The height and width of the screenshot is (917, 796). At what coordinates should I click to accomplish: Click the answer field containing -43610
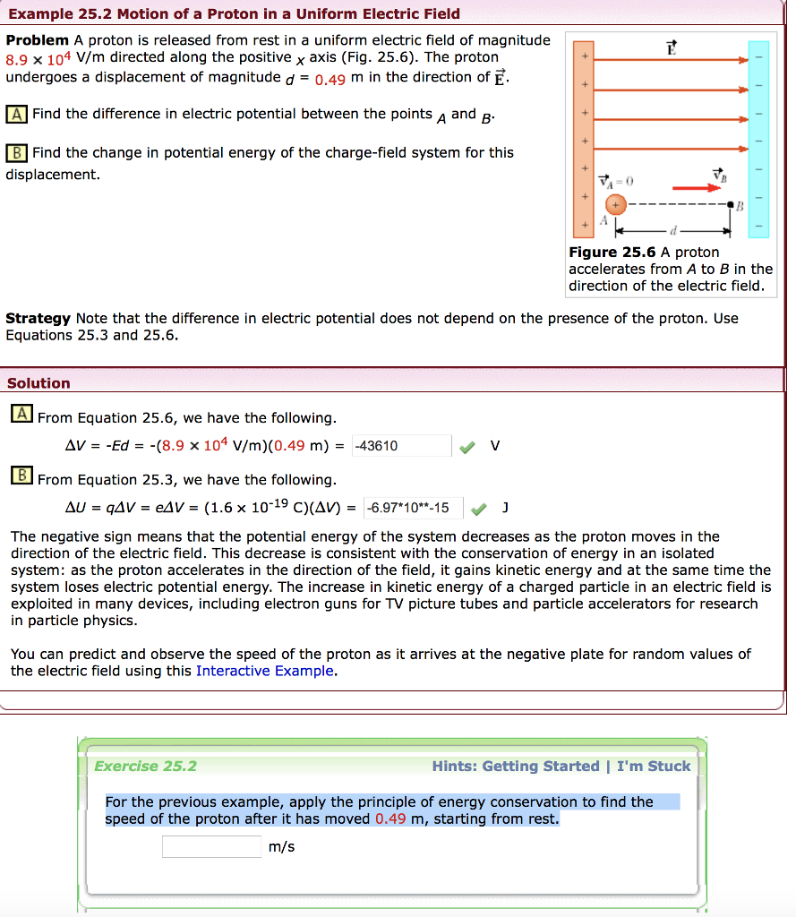tap(401, 446)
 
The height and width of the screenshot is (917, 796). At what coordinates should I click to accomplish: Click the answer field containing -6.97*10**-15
tap(413, 509)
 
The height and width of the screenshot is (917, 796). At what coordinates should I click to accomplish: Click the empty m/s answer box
tap(212, 846)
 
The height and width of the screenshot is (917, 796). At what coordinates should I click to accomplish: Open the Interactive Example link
tap(265, 671)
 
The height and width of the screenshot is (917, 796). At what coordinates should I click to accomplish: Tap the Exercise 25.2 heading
tap(145, 767)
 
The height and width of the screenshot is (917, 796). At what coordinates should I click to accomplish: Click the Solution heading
tap(39, 383)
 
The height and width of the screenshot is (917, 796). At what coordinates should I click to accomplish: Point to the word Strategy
tap(38, 319)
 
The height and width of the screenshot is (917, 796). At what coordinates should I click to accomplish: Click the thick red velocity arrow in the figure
tap(696, 188)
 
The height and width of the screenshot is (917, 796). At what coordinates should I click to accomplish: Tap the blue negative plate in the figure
tap(758, 139)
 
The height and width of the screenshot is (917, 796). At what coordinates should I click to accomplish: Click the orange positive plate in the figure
tap(584, 139)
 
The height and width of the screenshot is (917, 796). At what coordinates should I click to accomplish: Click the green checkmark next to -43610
tap(466, 446)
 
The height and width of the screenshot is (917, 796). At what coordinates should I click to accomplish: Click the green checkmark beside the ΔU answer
tap(478, 509)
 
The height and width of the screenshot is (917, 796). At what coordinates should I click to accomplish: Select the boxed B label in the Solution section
tap(21, 476)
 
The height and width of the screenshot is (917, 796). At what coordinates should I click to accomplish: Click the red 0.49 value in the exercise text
tap(391, 818)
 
